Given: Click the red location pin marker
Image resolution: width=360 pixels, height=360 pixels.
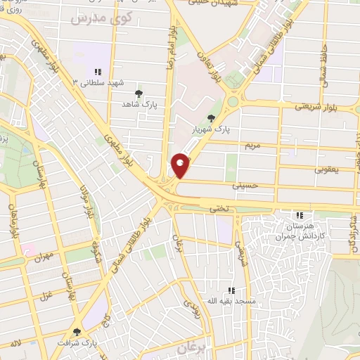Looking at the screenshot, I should pos(181,165).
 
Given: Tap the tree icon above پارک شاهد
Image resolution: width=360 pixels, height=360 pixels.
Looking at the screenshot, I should pos(139,92).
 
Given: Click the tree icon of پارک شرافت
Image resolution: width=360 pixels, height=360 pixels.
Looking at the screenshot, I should pos(77,331).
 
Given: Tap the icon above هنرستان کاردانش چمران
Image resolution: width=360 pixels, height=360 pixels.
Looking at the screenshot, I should pos(300,215).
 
